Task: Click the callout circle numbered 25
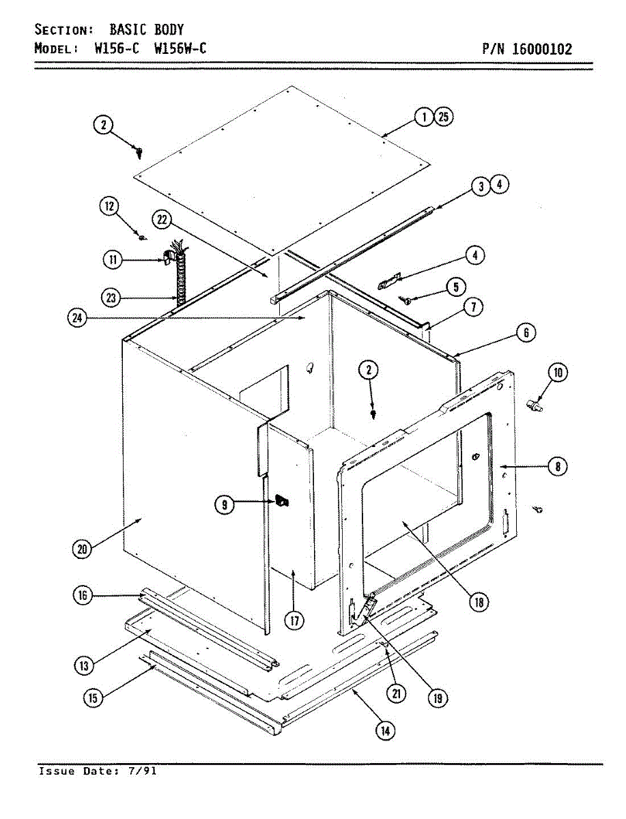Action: point(443,117)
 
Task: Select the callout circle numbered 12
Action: point(111,206)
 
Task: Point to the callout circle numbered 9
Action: point(224,504)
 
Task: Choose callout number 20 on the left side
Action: point(82,550)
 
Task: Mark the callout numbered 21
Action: point(396,693)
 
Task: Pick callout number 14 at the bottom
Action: point(386,731)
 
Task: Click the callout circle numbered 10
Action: point(558,373)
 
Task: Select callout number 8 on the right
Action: point(558,467)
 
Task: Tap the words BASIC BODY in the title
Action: point(146,29)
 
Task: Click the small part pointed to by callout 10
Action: point(533,406)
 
